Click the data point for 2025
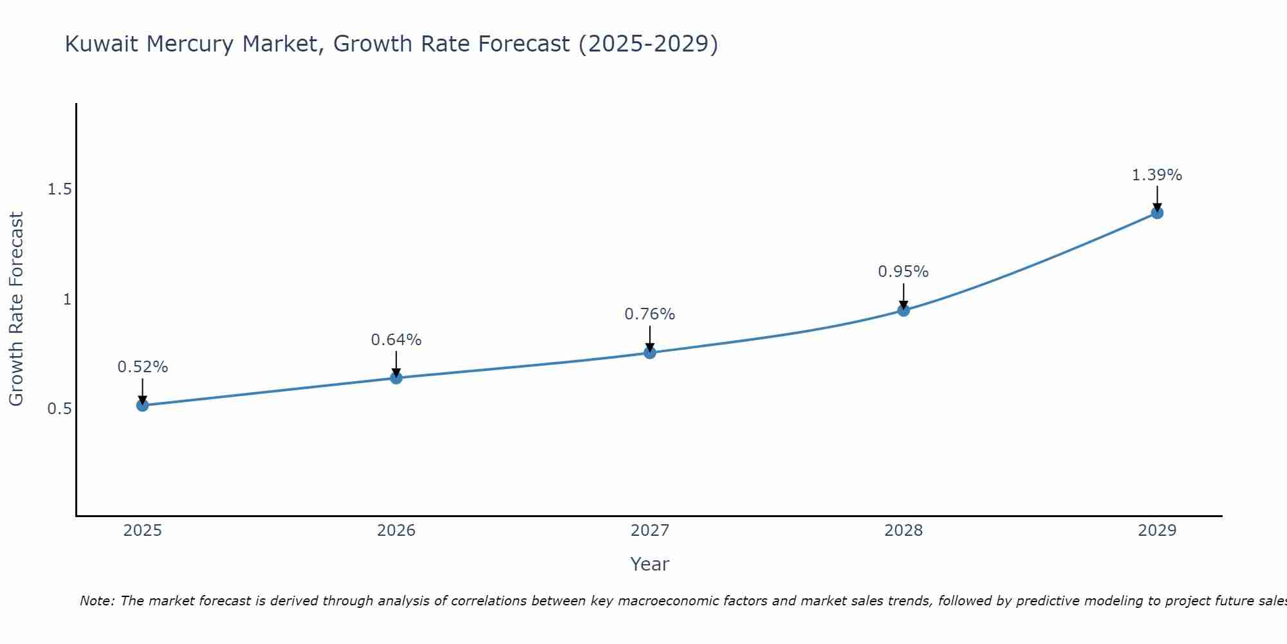tap(142, 405)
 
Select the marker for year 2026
tap(396, 377)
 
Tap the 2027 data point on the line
tap(650, 352)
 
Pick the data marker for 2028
tap(903, 310)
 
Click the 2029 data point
tap(1157, 213)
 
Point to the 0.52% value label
tap(142, 367)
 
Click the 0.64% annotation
tap(396, 340)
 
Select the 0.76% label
tap(650, 314)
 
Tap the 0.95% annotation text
tap(903, 272)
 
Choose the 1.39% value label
tap(1157, 175)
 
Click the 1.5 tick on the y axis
tap(59, 189)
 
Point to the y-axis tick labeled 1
tap(66, 299)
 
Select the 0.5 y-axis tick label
tap(59, 409)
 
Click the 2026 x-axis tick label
tap(396, 531)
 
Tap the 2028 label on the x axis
tap(903, 531)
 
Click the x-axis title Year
tap(650, 564)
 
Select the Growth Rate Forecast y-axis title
tap(17, 309)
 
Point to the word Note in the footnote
tap(97, 601)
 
